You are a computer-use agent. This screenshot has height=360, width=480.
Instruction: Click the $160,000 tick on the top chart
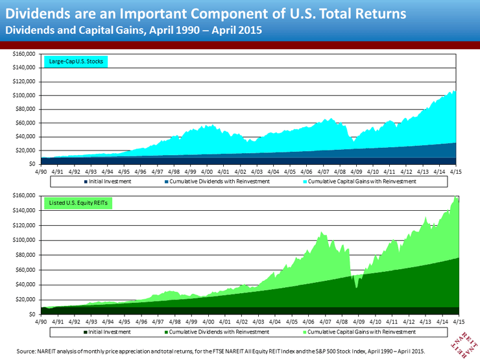[25, 54]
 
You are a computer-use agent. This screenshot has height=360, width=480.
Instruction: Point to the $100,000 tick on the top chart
[25, 95]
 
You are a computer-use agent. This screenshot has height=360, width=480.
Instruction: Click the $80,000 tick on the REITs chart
[25, 255]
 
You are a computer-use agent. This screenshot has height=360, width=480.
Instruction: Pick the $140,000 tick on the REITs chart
[25, 210]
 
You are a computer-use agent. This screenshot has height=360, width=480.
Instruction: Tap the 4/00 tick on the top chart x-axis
[208, 173]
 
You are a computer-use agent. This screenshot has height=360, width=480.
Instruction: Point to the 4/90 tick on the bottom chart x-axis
[40, 322]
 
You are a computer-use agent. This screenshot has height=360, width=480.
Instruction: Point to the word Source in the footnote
[26, 350]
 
